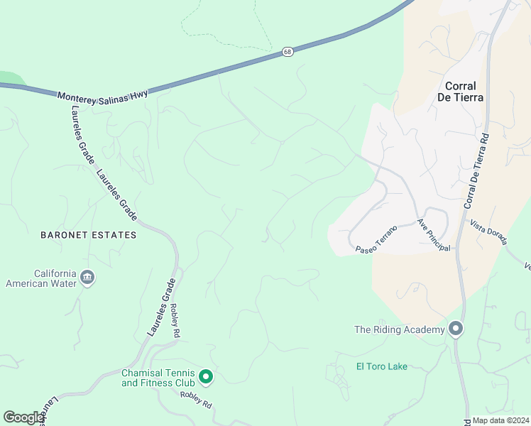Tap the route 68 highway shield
[287, 53]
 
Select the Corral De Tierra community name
[465, 90]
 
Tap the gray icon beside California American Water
[87, 277]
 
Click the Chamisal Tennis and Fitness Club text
[157, 378]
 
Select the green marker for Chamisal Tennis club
[205, 376]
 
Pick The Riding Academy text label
[400, 329]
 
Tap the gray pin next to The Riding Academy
[456, 329]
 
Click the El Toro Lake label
[382, 366]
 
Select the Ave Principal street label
[434, 234]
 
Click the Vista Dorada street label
[488, 232]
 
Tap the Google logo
[23, 417]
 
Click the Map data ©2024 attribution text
[500, 420]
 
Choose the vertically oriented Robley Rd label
[175, 320]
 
